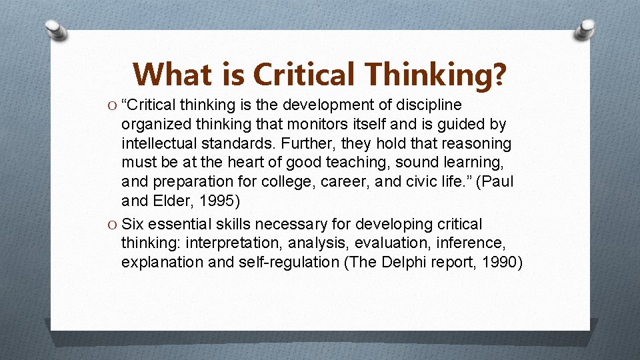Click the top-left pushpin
[x=57, y=31]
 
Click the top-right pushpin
[x=585, y=29]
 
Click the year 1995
[x=213, y=201]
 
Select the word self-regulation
[x=289, y=263]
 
